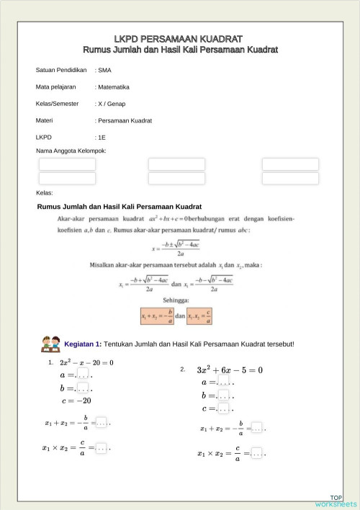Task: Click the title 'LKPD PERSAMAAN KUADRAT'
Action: pos(179,38)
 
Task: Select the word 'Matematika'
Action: pos(113,87)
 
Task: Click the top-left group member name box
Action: pos(67,164)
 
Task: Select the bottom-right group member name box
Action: pos(290,178)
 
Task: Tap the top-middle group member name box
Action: pos(176,164)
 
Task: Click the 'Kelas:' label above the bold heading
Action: pos(45,193)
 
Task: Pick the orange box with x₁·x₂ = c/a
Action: pos(201,316)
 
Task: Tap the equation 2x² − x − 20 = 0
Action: pos(86,362)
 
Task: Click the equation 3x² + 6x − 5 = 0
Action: pos(229,370)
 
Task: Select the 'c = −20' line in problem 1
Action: pos(76,401)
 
